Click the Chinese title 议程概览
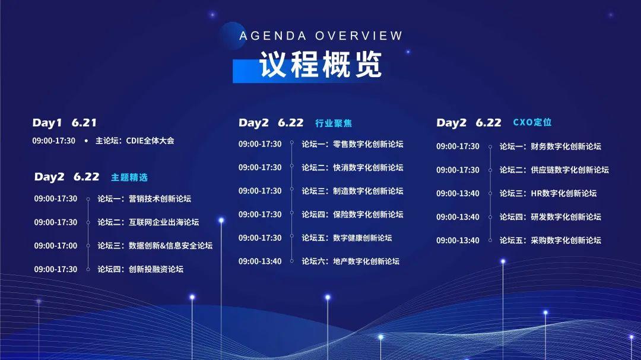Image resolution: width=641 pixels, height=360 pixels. [x=320, y=65]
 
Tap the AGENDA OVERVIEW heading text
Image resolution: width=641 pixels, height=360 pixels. [x=321, y=36]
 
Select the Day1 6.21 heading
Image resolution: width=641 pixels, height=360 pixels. [x=64, y=123]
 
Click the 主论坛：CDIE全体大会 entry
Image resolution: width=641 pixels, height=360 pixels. [x=134, y=141]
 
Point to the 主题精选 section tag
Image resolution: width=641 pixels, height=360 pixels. [x=129, y=177]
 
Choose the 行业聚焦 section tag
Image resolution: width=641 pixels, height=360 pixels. [x=334, y=123]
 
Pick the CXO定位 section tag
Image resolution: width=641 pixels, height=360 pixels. [x=532, y=122]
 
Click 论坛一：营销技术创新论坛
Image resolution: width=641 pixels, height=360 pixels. [x=144, y=199]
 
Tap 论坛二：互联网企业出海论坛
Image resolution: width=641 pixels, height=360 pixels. [x=148, y=222]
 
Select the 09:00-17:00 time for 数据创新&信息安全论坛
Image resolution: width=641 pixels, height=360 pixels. [x=55, y=246]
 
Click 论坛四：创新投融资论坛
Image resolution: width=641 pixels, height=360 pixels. [x=140, y=269]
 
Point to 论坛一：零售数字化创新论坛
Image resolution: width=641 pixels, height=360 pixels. [x=352, y=144]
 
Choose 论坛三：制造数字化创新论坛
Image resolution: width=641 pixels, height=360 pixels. [x=352, y=191]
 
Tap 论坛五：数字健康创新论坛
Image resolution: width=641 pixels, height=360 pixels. [x=347, y=238]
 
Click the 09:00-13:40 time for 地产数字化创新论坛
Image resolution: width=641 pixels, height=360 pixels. [x=260, y=261]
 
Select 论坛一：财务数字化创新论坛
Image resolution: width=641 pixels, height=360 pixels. [x=550, y=146]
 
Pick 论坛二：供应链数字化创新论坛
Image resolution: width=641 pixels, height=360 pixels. [x=554, y=170]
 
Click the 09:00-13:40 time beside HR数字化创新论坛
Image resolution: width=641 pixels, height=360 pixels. [x=458, y=193]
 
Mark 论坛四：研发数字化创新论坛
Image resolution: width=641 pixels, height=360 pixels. [x=550, y=217]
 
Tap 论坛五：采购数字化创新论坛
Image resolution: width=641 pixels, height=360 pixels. [x=550, y=241]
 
